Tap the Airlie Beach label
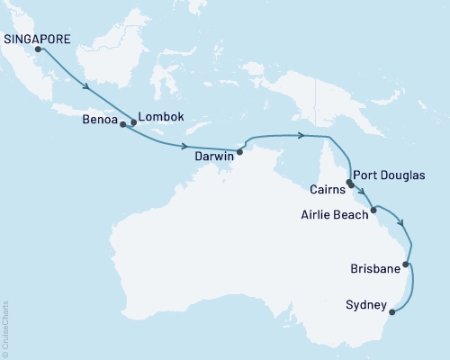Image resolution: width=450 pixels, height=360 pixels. click(334, 214)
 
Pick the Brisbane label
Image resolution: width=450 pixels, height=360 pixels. click(375, 267)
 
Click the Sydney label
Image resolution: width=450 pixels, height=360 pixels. click(365, 307)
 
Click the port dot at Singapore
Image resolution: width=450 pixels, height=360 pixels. click(39, 49)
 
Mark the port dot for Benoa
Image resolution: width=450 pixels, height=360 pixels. click(123, 125)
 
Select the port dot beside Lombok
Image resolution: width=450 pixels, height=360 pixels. click(134, 122)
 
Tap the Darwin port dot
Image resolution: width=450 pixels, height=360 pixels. click(239, 151)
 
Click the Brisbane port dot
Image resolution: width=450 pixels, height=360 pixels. click(406, 265)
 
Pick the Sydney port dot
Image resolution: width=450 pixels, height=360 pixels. click(391, 313)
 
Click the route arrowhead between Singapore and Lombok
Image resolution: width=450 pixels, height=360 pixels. click(88, 88)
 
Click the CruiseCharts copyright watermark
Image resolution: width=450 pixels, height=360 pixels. click(5, 329)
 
